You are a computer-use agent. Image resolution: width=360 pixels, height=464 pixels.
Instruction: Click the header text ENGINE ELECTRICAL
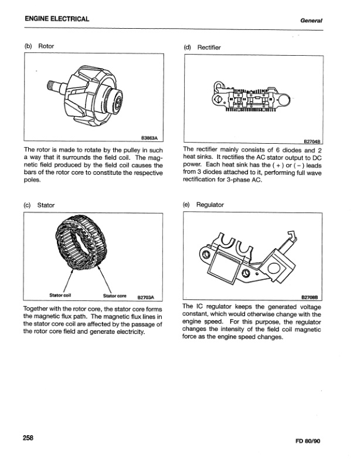tap(57, 19)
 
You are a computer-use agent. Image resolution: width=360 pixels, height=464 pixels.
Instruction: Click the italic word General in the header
tap(313, 20)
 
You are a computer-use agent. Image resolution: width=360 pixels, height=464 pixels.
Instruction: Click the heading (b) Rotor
tap(39, 45)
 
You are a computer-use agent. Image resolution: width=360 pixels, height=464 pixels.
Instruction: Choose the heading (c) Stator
tap(39, 205)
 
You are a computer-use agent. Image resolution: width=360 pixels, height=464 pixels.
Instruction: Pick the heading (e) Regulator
tap(203, 205)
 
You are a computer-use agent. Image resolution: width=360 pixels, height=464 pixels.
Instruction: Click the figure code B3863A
tap(151, 139)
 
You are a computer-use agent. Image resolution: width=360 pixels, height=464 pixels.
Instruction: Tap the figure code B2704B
tap(312, 141)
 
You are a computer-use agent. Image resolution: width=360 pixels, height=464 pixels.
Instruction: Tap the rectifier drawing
tap(252, 98)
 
